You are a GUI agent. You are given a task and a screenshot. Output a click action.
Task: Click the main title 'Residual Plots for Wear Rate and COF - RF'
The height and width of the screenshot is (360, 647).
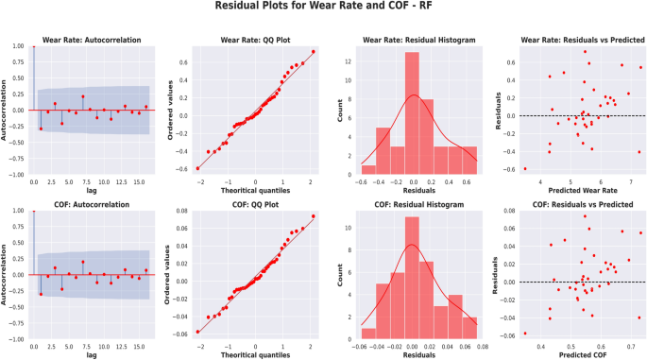point(323,9)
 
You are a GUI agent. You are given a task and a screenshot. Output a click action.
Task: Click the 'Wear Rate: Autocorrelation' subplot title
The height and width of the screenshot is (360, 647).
point(92,40)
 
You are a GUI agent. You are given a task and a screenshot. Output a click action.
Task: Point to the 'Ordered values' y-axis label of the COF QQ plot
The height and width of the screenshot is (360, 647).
point(169,274)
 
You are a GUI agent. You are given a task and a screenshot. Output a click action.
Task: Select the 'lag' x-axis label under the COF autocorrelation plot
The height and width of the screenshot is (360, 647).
point(92,356)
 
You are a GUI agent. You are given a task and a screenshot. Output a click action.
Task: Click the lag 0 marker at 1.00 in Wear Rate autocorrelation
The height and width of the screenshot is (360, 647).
point(34,45)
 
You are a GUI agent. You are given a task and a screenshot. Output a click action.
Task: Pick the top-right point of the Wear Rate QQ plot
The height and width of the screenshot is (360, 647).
point(313,52)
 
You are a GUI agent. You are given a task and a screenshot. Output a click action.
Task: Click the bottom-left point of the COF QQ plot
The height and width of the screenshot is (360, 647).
point(198,332)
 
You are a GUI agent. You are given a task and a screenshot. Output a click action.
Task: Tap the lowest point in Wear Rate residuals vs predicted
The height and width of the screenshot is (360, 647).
point(525,168)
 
